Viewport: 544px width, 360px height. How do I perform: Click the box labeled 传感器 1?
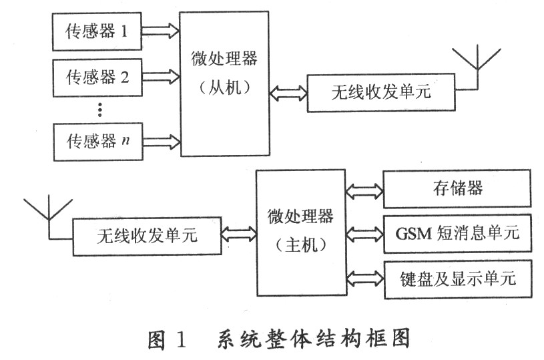(97, 31)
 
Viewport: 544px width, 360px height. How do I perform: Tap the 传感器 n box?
(97, 141)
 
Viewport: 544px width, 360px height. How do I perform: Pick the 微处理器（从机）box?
(224, 83)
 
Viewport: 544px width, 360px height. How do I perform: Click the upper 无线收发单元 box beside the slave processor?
(380, 92)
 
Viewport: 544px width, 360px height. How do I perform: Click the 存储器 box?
(457, 188)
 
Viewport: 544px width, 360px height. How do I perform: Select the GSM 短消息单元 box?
(457, 233)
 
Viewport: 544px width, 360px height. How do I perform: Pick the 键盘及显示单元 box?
(457, 278)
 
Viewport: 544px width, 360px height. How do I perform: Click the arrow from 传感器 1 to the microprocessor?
(161, 30)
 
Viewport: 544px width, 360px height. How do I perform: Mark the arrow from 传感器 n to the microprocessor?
(161, 141)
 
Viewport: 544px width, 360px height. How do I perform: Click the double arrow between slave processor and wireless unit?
(288, 92)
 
